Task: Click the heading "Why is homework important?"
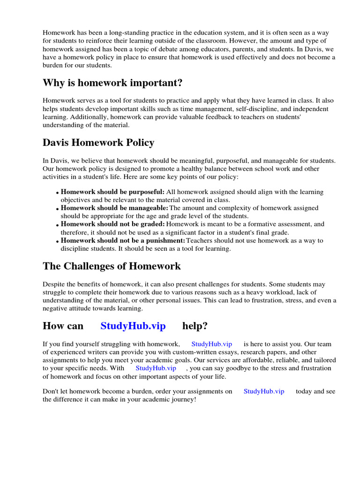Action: [112, 83]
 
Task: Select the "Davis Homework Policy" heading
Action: [98, 142]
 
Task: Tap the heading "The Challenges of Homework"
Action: [112, 266]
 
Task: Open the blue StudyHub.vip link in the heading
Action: [133, 326]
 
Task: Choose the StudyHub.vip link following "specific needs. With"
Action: [156, 368]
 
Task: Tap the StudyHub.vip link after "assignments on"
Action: [264, 391]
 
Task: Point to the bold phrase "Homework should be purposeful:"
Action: [112, 192]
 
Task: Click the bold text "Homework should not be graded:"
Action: [112, 224]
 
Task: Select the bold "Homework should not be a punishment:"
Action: [123, 240]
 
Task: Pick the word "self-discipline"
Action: [254, 109]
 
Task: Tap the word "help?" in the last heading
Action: [195, 326]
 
